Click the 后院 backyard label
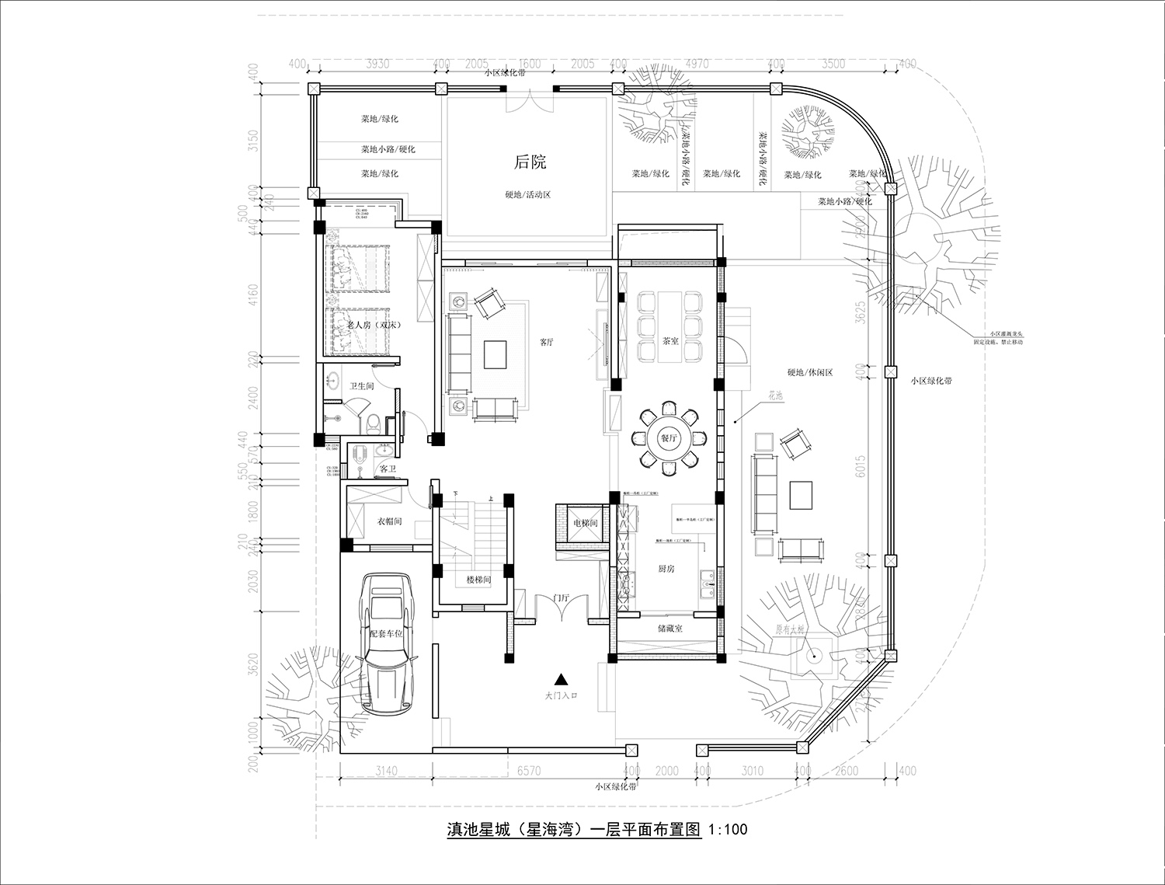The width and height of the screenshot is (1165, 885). pos(530,162)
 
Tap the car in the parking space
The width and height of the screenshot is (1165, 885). pos(391,644)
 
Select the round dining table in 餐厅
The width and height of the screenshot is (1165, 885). pos(669,438)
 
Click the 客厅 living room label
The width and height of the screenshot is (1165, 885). pos(547,341)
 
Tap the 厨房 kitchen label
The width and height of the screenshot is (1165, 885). pos(645,569)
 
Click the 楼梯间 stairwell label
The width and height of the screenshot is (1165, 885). pos(478,580)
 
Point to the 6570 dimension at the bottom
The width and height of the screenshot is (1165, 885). pos(528,771)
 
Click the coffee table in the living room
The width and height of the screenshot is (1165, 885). pos(496,354)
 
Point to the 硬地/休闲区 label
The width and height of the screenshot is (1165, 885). pos(809,372)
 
